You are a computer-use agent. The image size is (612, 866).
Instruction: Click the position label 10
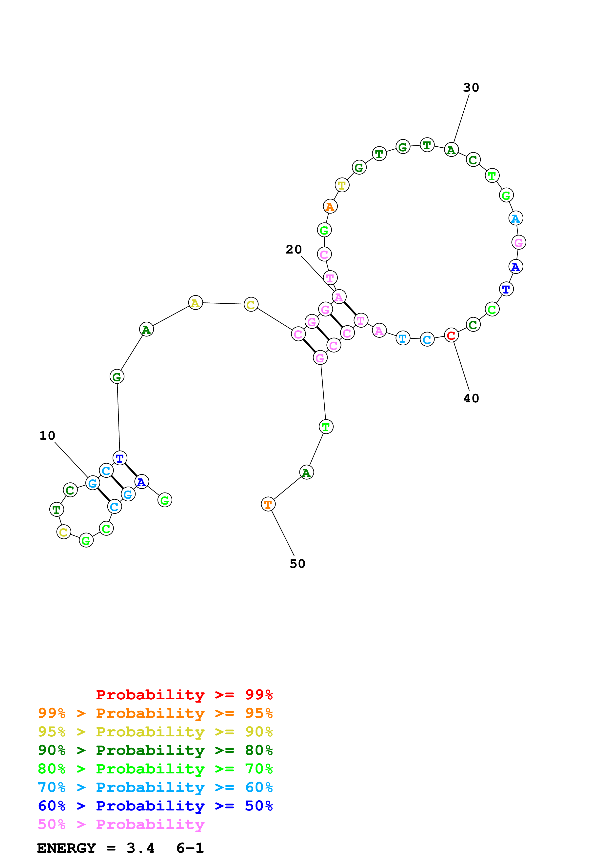pos(47,436)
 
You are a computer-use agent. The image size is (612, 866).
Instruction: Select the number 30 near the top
pos(471,87)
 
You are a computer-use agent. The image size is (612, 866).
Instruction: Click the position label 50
pos(297,564)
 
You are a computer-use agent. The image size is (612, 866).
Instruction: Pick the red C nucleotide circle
pos(451,335)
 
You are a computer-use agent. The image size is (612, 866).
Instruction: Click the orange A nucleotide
pos(330,206)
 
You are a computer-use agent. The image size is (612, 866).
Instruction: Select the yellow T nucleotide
pos(342,185)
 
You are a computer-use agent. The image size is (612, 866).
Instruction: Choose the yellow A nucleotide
pos(195,302)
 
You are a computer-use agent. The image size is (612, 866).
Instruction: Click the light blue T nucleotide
pos(403,338)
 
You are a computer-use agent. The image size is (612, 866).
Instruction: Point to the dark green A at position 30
pos(451,150)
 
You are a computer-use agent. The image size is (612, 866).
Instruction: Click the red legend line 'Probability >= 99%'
pos(184,694)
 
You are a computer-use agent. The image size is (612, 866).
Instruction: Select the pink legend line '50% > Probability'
pos(121,824)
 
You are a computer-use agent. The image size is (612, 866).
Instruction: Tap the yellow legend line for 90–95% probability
pos(155,731)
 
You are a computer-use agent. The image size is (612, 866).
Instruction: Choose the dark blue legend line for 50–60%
pos(155,806)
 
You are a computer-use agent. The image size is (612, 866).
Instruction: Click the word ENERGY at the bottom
pos(66,848)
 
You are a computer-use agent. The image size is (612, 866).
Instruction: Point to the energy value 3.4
pos(140,848)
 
